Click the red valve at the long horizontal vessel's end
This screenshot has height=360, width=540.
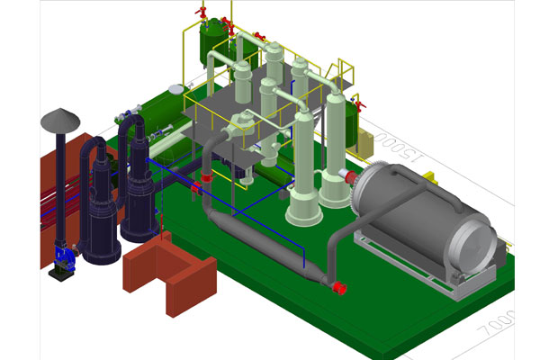[x=340, y=288]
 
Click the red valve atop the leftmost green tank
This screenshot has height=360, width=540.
[x=203, y=12]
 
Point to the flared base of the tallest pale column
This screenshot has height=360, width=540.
[x=304, y=212]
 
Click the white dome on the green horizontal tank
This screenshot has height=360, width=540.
[x=176, y=88]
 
